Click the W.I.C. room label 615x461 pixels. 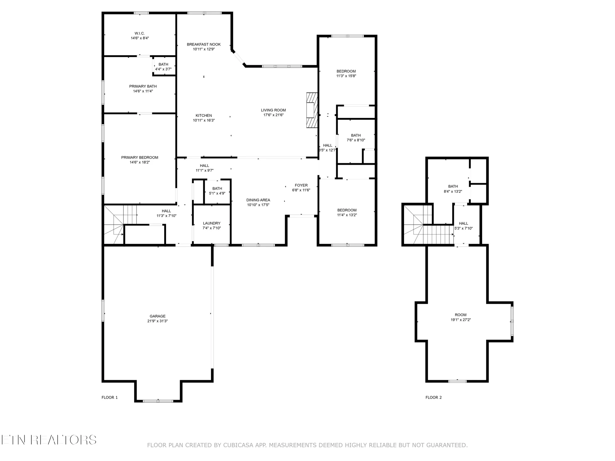click(140, 33)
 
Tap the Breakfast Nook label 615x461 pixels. click(204, 44)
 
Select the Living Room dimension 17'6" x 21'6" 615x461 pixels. click(273, 115)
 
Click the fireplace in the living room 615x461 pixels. click(312, 110)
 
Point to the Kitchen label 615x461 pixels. click(204, 116)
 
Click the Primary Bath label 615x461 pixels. click(143, 86)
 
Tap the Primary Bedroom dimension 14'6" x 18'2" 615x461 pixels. click(140, 162)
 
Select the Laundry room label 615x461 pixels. click(212, 223)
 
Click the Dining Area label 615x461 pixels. click(258, 200)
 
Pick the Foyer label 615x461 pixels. click(301, 185)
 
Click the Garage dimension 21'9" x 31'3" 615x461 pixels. click(157, 321)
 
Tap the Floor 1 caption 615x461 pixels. click(110, 397)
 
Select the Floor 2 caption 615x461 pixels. click(434, 397)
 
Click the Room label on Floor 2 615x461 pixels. click(461, 315)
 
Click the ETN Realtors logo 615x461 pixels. click(49, 440)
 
